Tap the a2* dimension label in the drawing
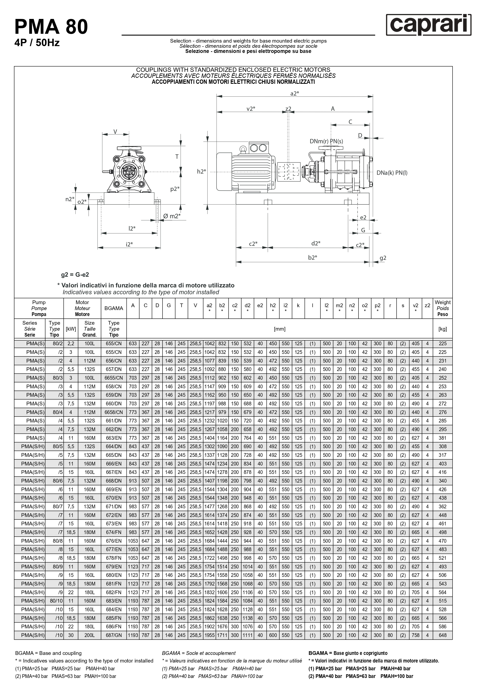click(295, 93)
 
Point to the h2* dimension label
click(202, 171)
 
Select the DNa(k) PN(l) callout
click(392, 173)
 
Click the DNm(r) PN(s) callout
click(326, 141)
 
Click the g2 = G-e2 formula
click(75, 275)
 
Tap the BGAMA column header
click(114, 308)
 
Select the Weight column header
click(442, 308)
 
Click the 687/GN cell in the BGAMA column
click(114, 635)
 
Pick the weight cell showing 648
click(442, 635)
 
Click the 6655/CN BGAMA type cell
click(114, 378)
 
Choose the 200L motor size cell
click(89, 635)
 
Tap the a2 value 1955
click(209, 635)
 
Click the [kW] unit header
click(71, 329)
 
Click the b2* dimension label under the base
click(312, 257)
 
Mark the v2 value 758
click(415, 635)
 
